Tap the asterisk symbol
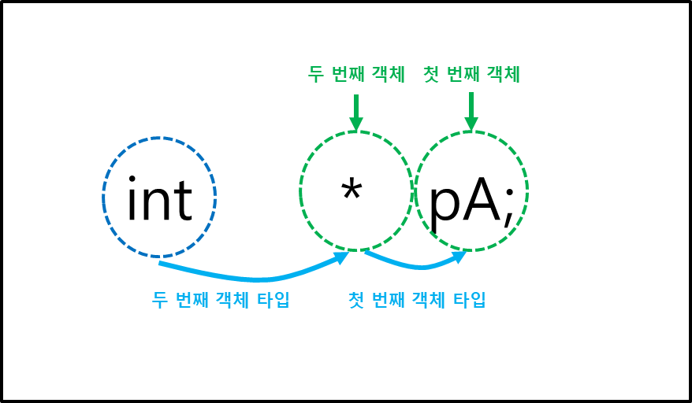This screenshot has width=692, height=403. (x=352, y=191)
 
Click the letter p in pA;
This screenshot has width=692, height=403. (x=445, y=205)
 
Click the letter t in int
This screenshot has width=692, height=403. (x=183, y=201)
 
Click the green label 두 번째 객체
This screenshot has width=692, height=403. (x=356, y=74)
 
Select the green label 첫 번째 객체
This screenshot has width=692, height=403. (x=471, y=74)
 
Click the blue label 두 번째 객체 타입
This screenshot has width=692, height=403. (x=221, y=300)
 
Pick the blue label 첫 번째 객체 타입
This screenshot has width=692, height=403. (x=417, y=300)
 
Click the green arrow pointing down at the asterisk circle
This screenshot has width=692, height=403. (x=356, y=113)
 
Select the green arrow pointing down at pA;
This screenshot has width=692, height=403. (x=471, y=112)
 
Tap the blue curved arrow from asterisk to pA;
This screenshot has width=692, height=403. (x=418, y=264)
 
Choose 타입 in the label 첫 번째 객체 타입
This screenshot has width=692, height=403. (x=470, y=300)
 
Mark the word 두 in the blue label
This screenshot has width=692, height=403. (x=159, y=300)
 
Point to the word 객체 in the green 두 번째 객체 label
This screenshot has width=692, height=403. (x=385, y=74)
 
